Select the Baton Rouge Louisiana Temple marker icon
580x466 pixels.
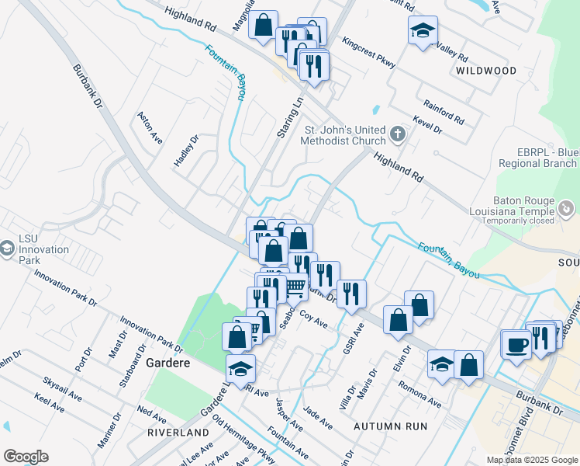point(567,208)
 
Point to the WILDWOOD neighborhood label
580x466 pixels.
point(486,71)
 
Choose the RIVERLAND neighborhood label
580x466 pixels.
point(181,432)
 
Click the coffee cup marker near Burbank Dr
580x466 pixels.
point(516,344)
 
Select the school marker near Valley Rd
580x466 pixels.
point(423,31)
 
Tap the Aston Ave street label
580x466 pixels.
point(150,128)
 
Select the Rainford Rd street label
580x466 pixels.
point(444,113)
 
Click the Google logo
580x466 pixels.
point(26,457)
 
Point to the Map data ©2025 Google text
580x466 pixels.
point(531,460)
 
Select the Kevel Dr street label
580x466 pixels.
point(427,125)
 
